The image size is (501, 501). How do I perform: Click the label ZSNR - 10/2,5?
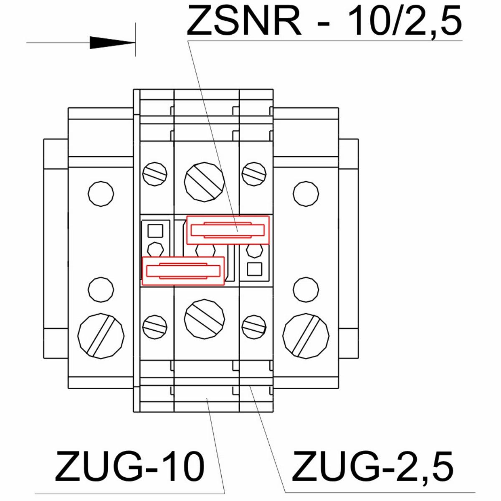pyautogui.click(x=324, y=20)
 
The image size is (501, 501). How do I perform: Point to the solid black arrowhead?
pyautogui.click(x=112, y=43)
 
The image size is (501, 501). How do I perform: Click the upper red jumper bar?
pyautogui.click(x=228, y=230)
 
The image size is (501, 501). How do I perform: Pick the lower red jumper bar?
pyautogui.click(x=183, y=271)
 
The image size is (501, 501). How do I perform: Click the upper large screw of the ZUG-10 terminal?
pyautogui.click(x=204, y=182)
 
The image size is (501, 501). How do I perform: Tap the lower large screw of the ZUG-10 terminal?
pyautogui.click(x=204, y=319)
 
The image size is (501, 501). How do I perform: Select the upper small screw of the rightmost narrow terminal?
pyautogui.click(x=254, y=174)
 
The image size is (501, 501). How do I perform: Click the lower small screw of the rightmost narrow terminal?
pyautogui.click(x=254, y=327)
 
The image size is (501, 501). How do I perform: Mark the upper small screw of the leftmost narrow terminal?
pyautogui.click(x=155, y=174)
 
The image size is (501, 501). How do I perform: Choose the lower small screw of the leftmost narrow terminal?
pyautogui.click(x=155, y=327)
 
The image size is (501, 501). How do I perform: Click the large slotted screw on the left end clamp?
pyautogui.click(x=101, y=336)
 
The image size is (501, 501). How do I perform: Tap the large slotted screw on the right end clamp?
pyautogui.click(x=306, y=336)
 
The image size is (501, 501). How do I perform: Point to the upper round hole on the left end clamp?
pyautogui.click(x=101, y=194)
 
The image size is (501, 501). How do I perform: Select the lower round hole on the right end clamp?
pyautogui.click(x=306, y=290)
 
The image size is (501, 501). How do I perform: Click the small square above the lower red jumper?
pyautogui.click(x=155, y=231)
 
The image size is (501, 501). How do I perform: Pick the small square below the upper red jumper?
pyautogui.click(x=255, y=269)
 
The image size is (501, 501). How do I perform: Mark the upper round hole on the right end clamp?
pyautogui.click(x=306, y=194)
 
